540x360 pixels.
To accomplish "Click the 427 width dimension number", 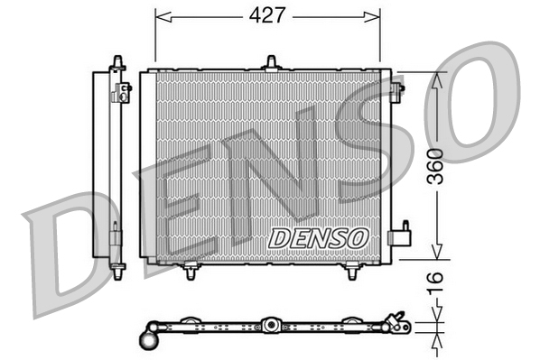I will [268, 16].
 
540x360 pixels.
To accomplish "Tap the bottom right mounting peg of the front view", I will [351, 271].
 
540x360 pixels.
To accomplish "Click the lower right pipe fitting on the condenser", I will [398, 237].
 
